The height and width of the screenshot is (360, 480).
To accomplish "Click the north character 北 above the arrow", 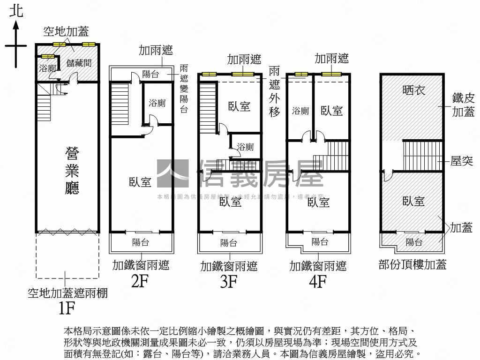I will [x=16, y=11].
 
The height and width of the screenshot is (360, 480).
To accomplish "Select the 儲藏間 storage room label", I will [x=79, y=63].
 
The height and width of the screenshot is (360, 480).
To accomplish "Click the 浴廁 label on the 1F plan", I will [x=47, y=68].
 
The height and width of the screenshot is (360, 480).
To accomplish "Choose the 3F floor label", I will [x=229, y=282].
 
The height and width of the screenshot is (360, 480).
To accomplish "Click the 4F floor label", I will [x=317, y=282].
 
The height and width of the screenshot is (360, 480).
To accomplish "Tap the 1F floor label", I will [x=67, y=308].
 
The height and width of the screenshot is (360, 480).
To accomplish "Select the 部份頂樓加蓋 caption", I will [x=412, y=265].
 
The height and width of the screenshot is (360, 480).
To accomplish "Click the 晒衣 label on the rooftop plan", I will [x=414, y=90].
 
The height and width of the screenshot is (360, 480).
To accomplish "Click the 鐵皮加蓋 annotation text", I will [x=463, y=105].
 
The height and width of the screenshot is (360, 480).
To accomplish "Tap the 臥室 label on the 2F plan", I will [x=140, y=182].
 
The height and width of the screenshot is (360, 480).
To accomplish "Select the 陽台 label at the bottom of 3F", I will [x=229, y=243].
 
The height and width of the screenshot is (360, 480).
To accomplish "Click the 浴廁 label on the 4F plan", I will [x=300, y=111].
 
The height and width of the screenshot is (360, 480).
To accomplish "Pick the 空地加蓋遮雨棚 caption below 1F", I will [x=67, y=293].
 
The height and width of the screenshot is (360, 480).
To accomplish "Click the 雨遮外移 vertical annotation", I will [x=275, y=91].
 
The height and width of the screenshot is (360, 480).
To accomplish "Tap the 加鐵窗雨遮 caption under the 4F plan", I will [x=318, y=266].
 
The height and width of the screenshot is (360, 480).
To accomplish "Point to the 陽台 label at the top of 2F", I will [x=151, y=74].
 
